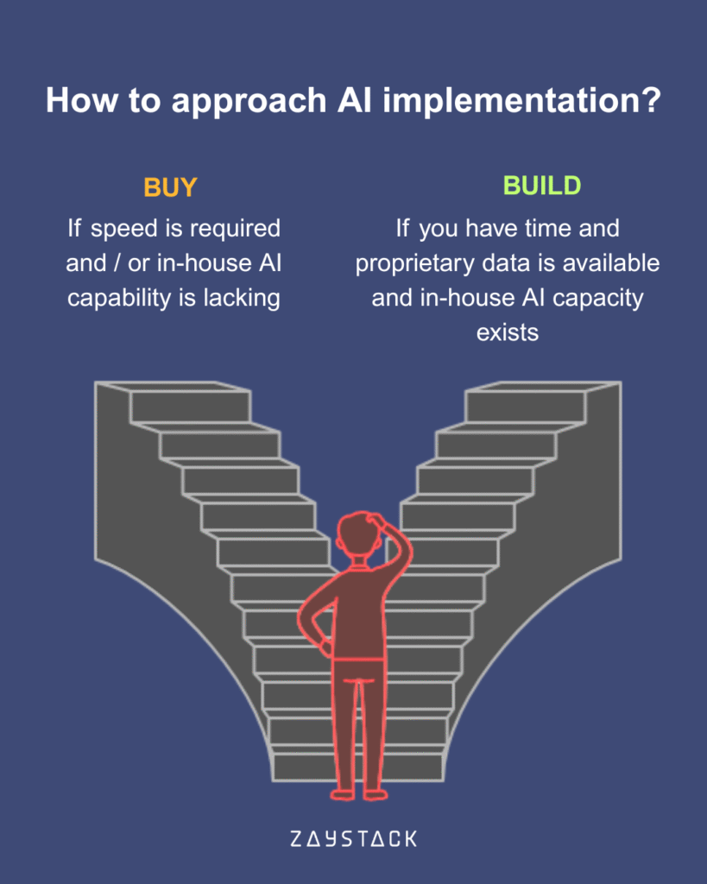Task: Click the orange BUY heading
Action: [170, 187]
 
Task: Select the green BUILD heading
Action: [542, 186]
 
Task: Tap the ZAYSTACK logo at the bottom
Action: [352, 838]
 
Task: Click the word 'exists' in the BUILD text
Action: [508, 332]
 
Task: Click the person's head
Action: [356, 535]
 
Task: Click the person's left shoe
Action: [343, 792]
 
